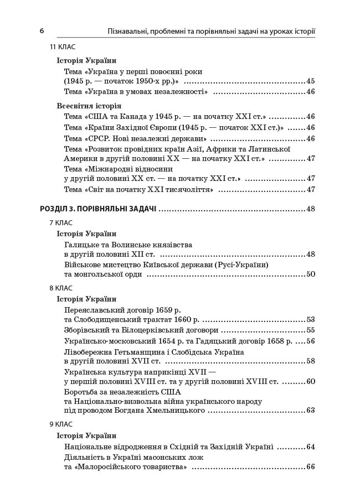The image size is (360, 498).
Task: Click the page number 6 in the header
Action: pyautogui.click(x=42, y=31)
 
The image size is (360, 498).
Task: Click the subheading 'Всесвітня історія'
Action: pyautogui.click(x=89, y=106)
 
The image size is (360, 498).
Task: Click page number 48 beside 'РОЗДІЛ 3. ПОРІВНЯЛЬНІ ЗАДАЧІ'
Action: pyautogui.click(x=310, y=209)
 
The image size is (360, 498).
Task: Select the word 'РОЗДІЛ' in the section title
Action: pyautogui.click(x=55, y=209)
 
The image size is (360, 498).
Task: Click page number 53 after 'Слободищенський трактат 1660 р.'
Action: pyautogui.click(x=310, y=320)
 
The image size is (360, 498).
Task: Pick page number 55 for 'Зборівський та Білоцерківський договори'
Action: pyautogui.click(x=310, y=330)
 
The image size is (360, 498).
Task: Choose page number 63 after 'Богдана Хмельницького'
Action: pyautogui.click(x=310, y=411)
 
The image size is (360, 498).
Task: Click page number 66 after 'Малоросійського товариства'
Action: pyautogui.click(x=310, y=467)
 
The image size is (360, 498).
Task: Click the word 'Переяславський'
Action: pyautogui.click(x=91, y=310)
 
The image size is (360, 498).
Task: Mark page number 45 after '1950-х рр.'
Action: pyautogui.click(x=310, y=81)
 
